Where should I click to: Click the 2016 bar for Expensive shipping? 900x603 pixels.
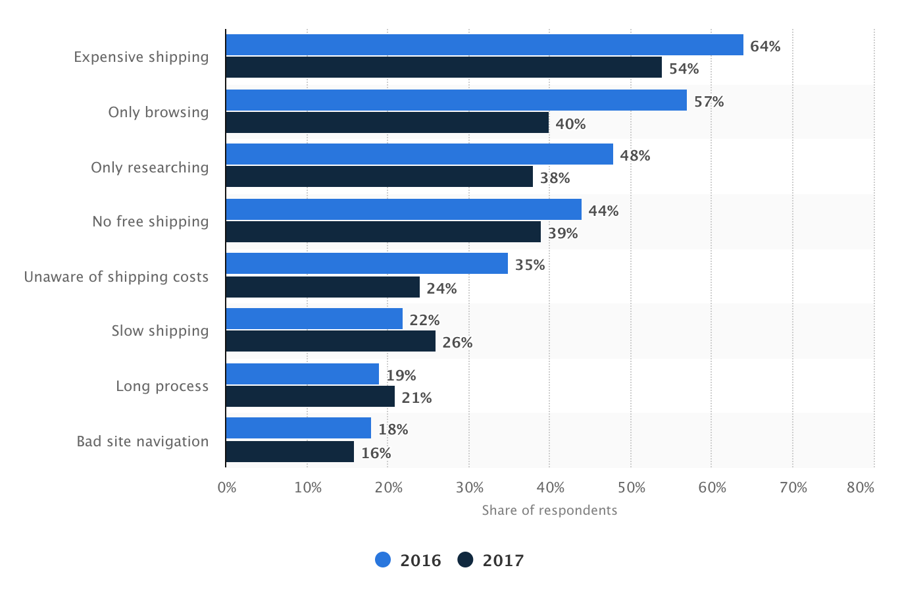coord(484,45)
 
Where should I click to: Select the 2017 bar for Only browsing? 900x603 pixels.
coord(387,123)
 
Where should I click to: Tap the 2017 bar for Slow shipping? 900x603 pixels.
coord(330,341)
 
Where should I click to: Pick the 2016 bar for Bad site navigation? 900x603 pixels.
coord(298,429)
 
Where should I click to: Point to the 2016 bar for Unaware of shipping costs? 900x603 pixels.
coord(366,264)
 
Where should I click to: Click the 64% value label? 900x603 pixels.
coord(765,46)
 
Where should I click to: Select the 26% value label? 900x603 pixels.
coord(457,342)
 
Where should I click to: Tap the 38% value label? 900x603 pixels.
coord(555,178)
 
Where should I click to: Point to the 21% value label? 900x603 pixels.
coord(416,398)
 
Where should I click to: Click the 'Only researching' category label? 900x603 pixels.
coord(149,167)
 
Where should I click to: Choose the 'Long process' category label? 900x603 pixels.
coord(162,386)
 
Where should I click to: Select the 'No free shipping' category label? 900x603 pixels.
coord(150,221)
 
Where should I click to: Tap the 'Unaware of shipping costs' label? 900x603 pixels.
coord(116,276)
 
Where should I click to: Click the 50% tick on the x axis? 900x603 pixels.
coord(631,488)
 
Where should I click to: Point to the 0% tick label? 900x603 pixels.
coord(227,488)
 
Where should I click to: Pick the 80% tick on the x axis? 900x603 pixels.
coord(861,488)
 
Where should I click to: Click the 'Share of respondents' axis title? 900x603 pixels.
coord(549,510)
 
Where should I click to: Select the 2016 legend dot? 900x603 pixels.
coord(383,560)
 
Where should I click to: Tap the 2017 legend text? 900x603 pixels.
coord(503,560)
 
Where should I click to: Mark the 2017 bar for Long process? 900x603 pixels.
coord(310,396)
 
